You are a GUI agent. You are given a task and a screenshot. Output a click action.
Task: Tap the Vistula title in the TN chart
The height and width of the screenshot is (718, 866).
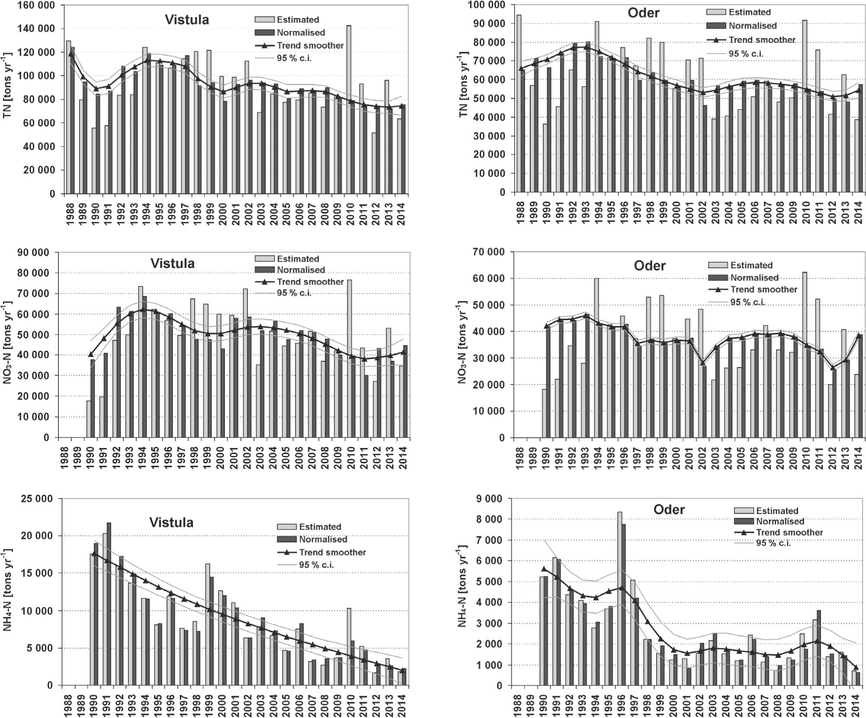[186, 20]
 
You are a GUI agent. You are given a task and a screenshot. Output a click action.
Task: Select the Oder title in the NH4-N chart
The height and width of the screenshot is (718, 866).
[669, 510]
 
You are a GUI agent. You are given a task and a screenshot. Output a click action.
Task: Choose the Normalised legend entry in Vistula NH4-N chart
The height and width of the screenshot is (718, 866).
[323, 539]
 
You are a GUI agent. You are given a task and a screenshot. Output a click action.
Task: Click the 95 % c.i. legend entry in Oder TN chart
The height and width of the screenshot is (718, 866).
[746, 54]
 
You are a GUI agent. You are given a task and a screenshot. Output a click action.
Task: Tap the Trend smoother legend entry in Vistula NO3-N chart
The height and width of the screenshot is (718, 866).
[310, 282]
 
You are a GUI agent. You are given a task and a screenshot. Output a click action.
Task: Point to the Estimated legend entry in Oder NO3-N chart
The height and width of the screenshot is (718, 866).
[751, 265]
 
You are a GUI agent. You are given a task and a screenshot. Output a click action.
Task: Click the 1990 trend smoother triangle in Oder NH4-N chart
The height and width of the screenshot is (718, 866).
[544, 569]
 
